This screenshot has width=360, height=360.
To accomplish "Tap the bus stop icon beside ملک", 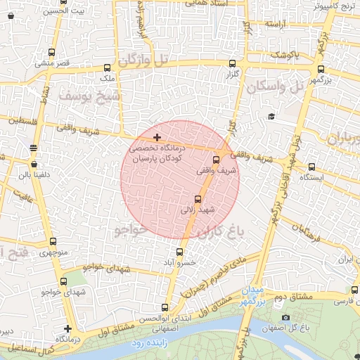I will (x=107, y=68).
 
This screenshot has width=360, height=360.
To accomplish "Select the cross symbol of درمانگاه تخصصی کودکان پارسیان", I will (x=156, y=136).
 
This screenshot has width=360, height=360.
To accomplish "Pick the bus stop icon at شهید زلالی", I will (x=197, y=199).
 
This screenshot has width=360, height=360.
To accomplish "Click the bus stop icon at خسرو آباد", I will (x=181, y=252).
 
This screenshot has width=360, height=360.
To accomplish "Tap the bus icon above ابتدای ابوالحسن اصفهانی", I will (x=165, y=307).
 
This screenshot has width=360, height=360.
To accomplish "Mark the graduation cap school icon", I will (x=271, y=116).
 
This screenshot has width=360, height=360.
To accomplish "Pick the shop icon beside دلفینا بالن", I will (x=34, y=164).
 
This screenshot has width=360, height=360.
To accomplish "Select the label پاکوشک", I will (x=286, y=54).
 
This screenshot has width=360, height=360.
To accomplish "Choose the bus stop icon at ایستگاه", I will (x=312, y=167).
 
